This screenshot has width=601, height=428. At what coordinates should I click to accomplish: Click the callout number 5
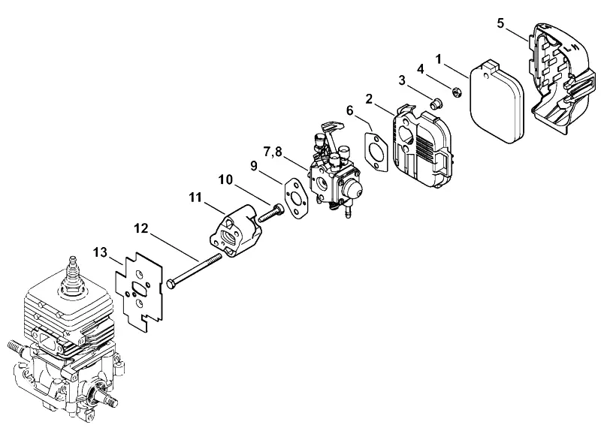pyautogui.click(x=500, y=23)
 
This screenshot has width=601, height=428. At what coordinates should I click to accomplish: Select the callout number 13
pyautogui.click(x=101, y=253)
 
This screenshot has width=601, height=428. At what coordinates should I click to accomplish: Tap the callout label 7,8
pyautogui.click(x=273, y=152)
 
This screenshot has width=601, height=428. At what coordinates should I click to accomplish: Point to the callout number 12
pyautogui.click(x=140, y=229)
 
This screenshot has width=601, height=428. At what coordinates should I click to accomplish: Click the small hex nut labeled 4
pyautogui.click(x=457, y=92)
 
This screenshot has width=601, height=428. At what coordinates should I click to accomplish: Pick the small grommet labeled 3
pyautogui.click(x=436, y=103)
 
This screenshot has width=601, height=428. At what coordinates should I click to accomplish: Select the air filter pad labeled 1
pyautogui.click(x=496, y=101)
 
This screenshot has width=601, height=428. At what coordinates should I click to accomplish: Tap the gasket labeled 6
pyautogui.click(x=376, y=151)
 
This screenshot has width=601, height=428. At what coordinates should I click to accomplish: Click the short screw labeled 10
pyautogui.click(x=271, y=213)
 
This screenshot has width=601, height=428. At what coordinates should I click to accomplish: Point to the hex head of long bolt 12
pyautogui.click(x=171, y=285)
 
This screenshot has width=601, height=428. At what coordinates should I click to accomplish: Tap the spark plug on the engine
pyautogui.click(x=71, y=276)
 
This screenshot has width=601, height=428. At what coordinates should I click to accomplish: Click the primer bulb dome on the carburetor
pyautogui.click(x=352, y=188)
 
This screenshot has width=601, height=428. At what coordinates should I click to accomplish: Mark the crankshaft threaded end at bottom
pyautogui.click(x=108, y=400)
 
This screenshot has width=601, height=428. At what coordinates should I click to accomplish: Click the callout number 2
pyautogui.click(x=369, y=99)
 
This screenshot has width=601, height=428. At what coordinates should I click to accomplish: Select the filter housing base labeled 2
pyautogui.click(x=423, y=146)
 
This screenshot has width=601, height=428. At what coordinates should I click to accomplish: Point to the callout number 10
pyautogui.click(x=226, y=179)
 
